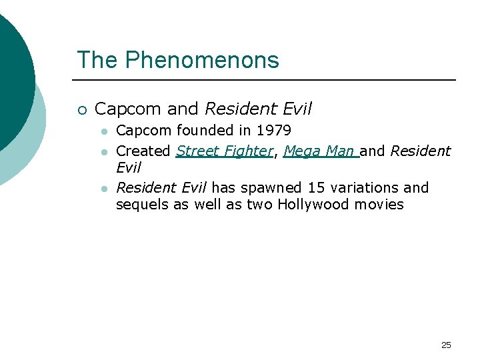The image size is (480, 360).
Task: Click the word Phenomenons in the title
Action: pos(202,60)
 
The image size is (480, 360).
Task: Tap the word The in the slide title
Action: pos(97,60)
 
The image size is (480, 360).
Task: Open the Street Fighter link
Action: pos(225,151)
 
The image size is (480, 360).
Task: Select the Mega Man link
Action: pos(321,151)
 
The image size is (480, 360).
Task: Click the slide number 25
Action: pos(446,345)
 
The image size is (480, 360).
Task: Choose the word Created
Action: pos(143,151)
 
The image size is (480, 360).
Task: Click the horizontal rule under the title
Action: pos(267,80)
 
